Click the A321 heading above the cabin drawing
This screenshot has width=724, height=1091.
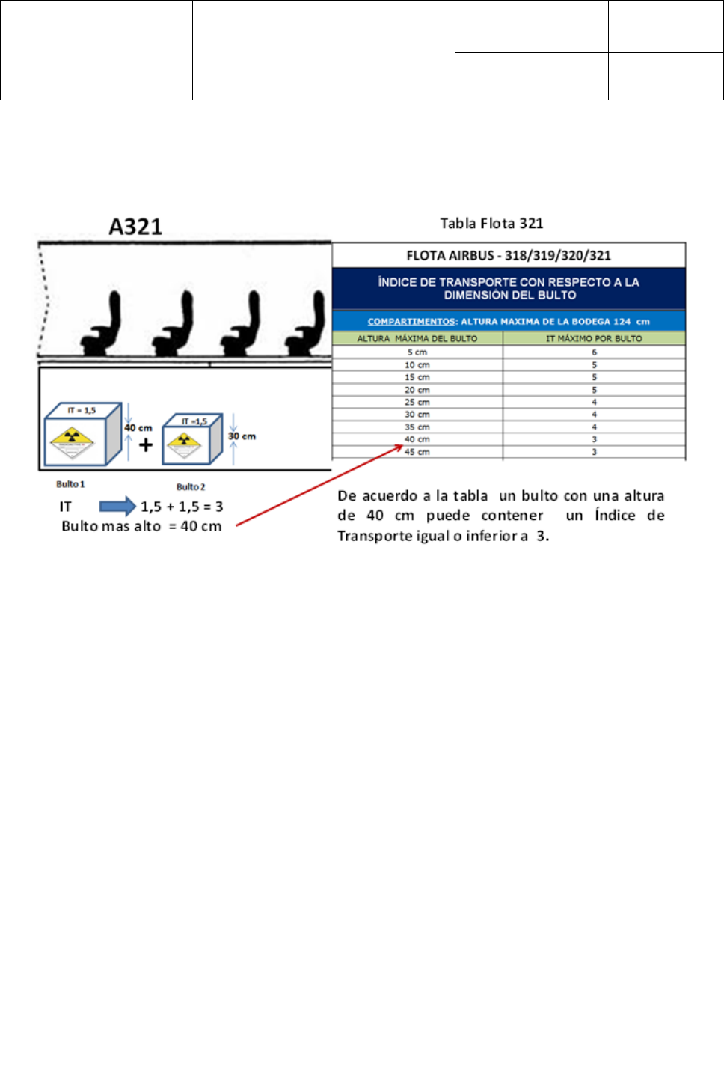pyautogui.click(x=135, y=226)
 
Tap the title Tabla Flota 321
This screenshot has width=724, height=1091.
pyautogui.click(x=491, y=223)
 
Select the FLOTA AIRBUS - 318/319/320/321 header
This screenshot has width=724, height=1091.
pyautogui.click(x=509, y=255)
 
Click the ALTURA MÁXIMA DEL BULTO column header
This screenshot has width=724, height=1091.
pyautogui.click(x=417, y=338)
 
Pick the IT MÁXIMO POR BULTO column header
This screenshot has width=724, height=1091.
pyautogui.click(x=594, y=338)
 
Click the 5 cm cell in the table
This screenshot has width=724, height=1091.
pyautogui.click(x=417, y=352)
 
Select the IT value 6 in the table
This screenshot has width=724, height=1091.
pyautogui.click(x=595, y=352)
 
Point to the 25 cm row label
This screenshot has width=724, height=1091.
pyautogui.click(x=417, y=402)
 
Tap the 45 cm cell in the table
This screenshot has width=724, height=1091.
pyautogui.click(x=417, y=452)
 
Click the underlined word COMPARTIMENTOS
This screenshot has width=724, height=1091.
pyautogui.click(x=411, y=321)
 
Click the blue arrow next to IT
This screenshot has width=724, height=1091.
pyautogui.click(x=117, y=507)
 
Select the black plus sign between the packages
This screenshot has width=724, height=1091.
pyautogui.click(x=146, y=445)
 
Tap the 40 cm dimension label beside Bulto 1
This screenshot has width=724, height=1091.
pyautogui.click(x=138, y=428)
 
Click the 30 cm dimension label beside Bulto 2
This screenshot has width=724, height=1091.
pyautogui.click(x=242, y=436)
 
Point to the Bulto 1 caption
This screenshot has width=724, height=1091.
pyautogui.click(x=70, y=484)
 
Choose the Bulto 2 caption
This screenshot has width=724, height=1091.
pyautogui.click(x=191, y=486)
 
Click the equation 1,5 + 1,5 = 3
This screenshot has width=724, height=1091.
pyautogui.click(x=182, y=507)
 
